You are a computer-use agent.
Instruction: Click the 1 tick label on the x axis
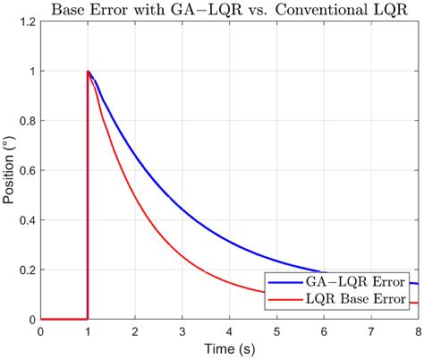[x=88, y=330]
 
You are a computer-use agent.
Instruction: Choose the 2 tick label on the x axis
[x=135, y=330]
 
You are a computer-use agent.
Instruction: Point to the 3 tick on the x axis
[x=182, y=330]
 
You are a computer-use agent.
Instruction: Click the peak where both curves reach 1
[x=88, y=72]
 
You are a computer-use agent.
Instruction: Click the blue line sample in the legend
[x=281, y=281]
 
